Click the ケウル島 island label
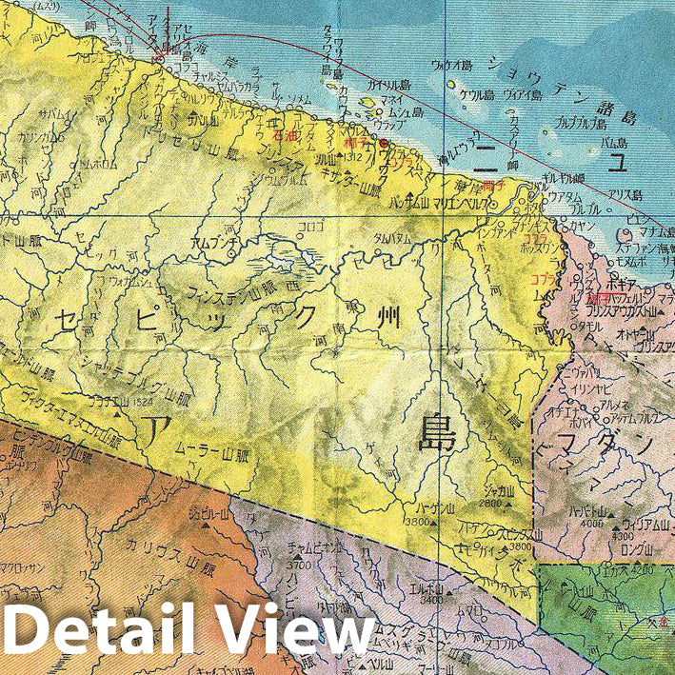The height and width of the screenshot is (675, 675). point(474,96)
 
